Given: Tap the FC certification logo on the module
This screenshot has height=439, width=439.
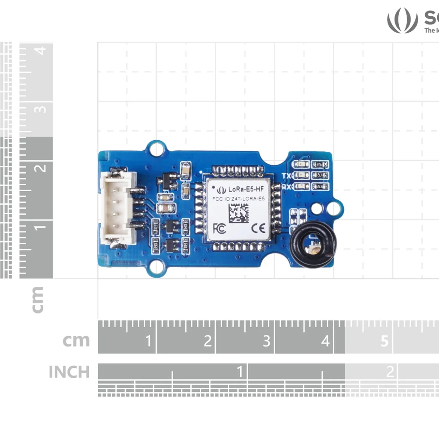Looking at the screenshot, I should point(219,228).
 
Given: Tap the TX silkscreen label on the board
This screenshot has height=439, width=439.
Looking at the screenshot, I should point(287,175).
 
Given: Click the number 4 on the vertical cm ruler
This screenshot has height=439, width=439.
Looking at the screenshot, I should point(41,51).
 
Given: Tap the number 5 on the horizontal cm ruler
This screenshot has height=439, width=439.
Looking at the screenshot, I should point(385,341).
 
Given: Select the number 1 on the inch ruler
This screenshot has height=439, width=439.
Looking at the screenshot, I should point(240,370).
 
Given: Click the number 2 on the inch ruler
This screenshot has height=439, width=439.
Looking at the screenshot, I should point(390,371).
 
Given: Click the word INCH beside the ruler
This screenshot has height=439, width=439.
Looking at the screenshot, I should point(69,372).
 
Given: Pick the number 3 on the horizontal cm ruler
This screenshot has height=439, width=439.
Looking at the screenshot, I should point(266,341).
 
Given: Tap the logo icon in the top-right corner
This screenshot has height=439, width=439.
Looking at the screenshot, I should point(402,20).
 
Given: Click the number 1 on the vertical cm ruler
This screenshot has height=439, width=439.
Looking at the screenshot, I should point(41,226).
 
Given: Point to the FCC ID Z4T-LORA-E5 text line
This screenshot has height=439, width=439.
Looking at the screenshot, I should point(238,198).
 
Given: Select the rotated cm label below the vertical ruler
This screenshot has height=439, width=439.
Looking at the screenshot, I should point(38,300).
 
